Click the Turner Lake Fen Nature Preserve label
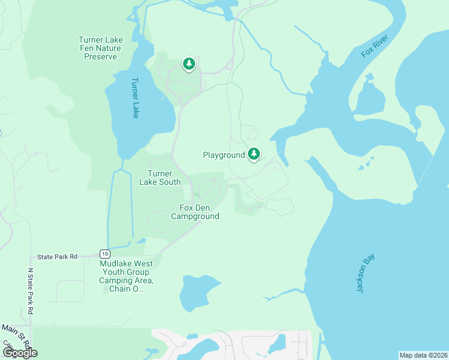[100, 48]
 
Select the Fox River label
[375, 46]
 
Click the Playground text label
[223, 155]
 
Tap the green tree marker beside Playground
[254, 154]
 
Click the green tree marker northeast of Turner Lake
[189, 64]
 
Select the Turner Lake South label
[160, 178]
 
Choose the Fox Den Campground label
[195, 212]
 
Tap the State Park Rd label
[58, 257]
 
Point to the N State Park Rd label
[30, 291]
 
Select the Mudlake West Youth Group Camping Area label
[126, 276]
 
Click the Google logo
[20, 352]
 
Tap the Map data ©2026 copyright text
[423, 355]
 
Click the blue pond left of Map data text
[277, 344]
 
